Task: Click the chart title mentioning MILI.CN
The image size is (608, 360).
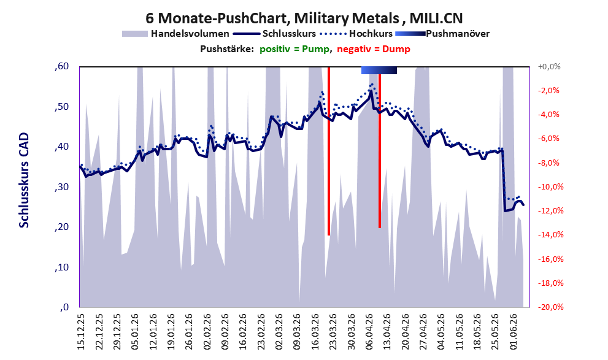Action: coord(304,18)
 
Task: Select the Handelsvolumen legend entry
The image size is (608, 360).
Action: coord(175,34)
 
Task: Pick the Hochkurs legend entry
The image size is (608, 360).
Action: coord(356,34)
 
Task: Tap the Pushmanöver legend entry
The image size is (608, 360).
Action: coord(442,34)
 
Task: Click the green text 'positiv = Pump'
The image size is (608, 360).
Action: coord(294,49)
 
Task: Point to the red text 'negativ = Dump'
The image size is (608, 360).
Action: coord(374,49)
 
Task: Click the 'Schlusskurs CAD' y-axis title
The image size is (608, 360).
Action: coord(24,180)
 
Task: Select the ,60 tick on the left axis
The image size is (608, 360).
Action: coord(61,66)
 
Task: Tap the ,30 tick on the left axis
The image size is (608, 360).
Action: coord(61,187)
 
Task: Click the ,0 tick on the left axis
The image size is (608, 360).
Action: coord(64,307)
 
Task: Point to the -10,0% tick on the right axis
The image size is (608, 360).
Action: coord(550,187)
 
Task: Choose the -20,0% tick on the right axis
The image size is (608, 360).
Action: coord(550,307)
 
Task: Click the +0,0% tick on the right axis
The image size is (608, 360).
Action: coord(549,67)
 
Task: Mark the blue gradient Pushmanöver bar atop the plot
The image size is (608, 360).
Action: coord(379,70)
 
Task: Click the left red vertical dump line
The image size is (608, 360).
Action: coord(329,151)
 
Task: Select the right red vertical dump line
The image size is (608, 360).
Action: coord(380,151)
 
